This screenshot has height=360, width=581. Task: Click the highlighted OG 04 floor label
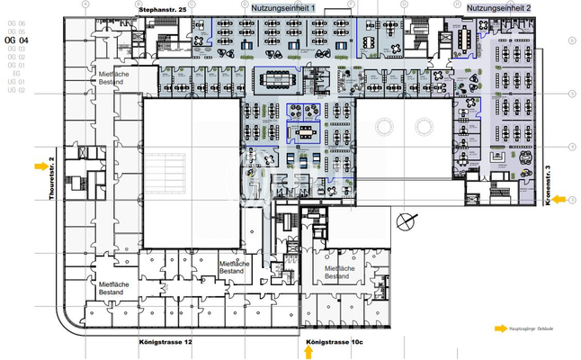[x=17, y=40]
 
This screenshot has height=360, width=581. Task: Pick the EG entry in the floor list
[x=16, y=74]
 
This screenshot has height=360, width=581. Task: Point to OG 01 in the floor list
[x=16, y=66]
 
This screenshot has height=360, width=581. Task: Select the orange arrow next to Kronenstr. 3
[x=559, y=200]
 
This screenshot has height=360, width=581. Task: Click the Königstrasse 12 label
[x=166, y=343]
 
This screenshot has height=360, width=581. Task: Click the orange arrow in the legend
[x=501, y=329]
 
